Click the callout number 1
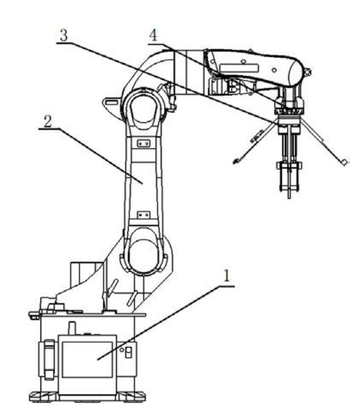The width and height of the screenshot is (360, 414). tap(226, 276)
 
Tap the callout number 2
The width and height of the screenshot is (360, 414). tap(48, 121)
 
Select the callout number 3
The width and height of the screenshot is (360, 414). tap(64, 35)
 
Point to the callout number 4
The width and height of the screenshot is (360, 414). tap(153, 35)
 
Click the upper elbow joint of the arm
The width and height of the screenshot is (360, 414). tap(144, 109)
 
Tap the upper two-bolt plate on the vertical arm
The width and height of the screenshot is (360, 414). tap(144, 143)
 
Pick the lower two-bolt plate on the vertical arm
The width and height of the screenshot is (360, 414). tap(144, 215)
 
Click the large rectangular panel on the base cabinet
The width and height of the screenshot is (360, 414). tap(87, 359)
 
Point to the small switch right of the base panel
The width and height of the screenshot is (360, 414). tap(128, 353)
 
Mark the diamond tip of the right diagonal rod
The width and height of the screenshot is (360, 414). tap(344, 162)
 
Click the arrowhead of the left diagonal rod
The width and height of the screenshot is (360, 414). tap(236, 161)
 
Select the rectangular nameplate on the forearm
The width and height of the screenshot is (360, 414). tap(239, 68)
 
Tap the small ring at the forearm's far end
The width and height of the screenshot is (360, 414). tap(307, 71)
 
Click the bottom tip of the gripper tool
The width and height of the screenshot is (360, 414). tap(289, 198)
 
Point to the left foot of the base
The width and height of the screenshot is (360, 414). tap(44, 396)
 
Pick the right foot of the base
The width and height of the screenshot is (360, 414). tap(131, 396)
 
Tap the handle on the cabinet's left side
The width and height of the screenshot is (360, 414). tap(49, 360)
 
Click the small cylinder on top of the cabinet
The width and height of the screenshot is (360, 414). tap(72, 328)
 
